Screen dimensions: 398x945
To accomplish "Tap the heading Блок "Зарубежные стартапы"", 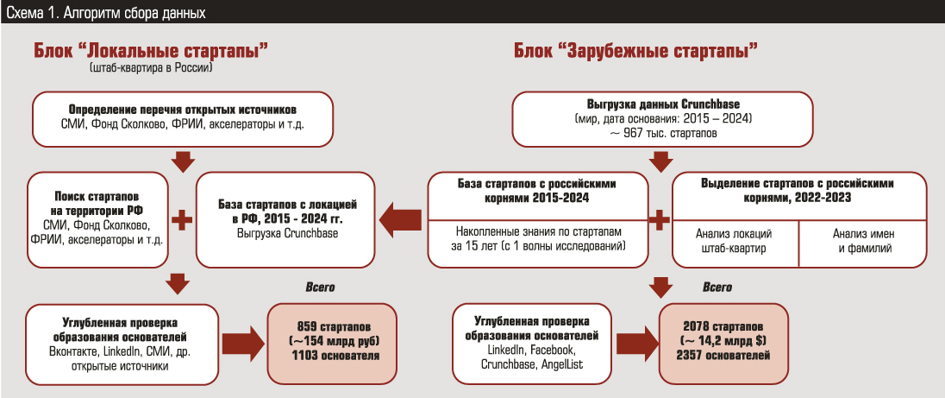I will tap(636, 51).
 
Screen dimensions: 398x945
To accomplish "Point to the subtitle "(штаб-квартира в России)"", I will tap(150, 67).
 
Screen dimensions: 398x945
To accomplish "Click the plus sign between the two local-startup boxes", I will tap(181, 219).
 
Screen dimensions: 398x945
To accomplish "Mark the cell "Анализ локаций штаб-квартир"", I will tap(734, 241).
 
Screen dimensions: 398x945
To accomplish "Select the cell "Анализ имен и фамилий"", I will tap(862, 241).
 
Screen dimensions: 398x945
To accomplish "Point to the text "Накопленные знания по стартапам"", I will tap(539, 232).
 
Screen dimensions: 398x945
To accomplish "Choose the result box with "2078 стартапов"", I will tap(723, 343).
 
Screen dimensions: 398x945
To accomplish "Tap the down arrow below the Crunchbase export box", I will tap(661, 160).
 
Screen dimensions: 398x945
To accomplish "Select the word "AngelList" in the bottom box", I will tap(565, 364).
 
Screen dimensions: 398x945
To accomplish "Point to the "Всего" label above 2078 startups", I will tap(717, 287).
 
